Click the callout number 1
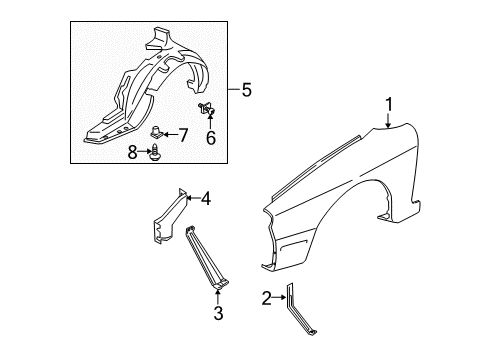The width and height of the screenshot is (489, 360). [389, 104]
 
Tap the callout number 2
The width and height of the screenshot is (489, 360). [267, 298]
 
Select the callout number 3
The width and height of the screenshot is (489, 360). [218, 313]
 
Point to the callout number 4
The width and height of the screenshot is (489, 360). [206, 199]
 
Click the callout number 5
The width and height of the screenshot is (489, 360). [246, 90]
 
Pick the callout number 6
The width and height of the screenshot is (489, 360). [211, 138]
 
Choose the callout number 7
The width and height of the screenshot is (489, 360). [183, 135]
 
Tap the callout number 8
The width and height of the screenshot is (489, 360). [132, 153]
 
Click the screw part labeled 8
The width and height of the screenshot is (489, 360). [155, 152]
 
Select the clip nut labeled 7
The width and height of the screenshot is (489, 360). [155, 132]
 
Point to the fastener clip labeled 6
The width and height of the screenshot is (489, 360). [207, 109]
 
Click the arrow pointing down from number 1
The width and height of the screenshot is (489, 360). [388, 120]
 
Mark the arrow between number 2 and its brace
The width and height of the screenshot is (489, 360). [279, 298]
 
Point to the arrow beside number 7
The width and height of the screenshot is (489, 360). [170, 135]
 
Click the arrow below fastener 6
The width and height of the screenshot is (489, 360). [210, 121]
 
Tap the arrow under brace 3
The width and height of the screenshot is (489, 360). [218, 297]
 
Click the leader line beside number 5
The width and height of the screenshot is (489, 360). [234, 89]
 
